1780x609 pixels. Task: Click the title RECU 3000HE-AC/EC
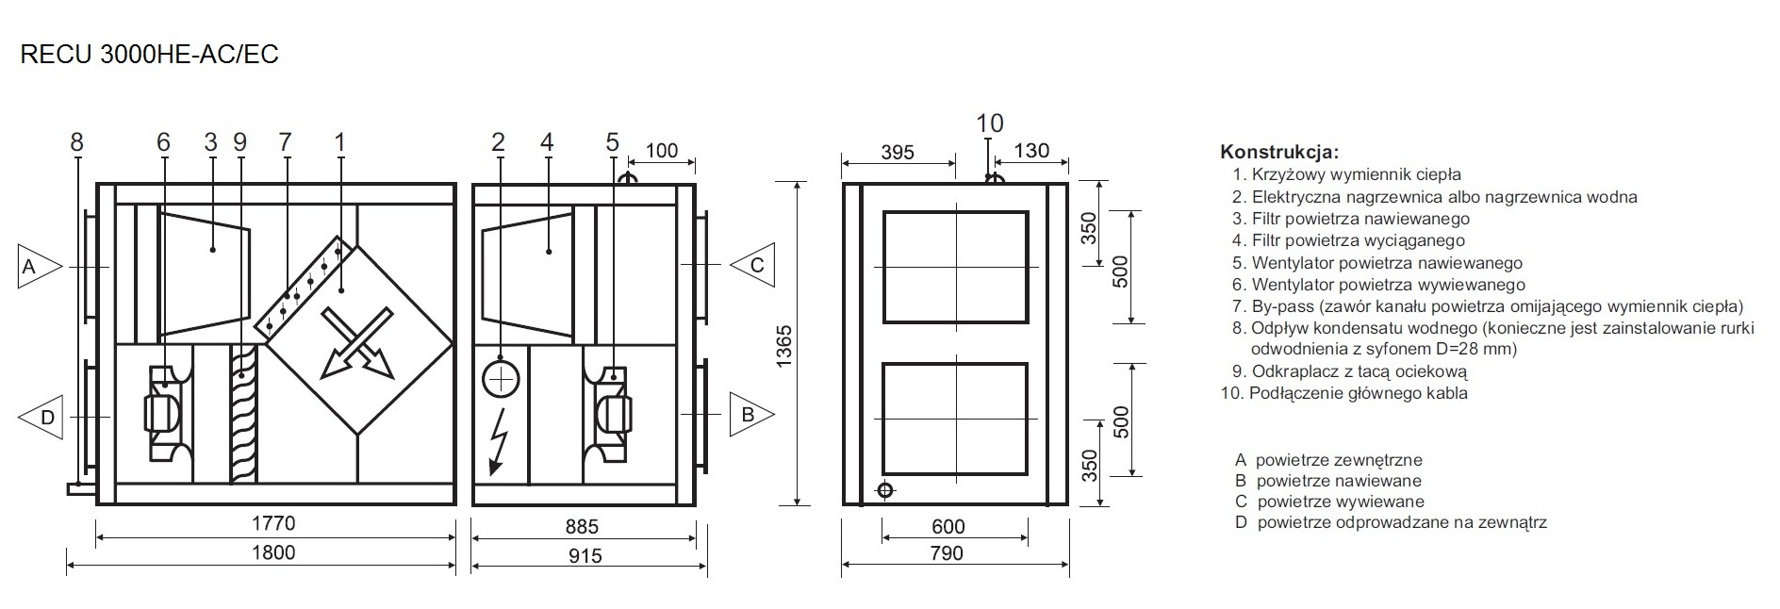click(x=149, y=55)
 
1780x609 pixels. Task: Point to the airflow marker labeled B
click(x=752, y=414)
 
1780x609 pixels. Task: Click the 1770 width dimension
click(x=273, y=523)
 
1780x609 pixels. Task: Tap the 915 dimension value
click(x=585, y=555)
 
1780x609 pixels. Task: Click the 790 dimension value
click(x=946, y=553)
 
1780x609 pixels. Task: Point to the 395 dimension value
click(x=898, y=152)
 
